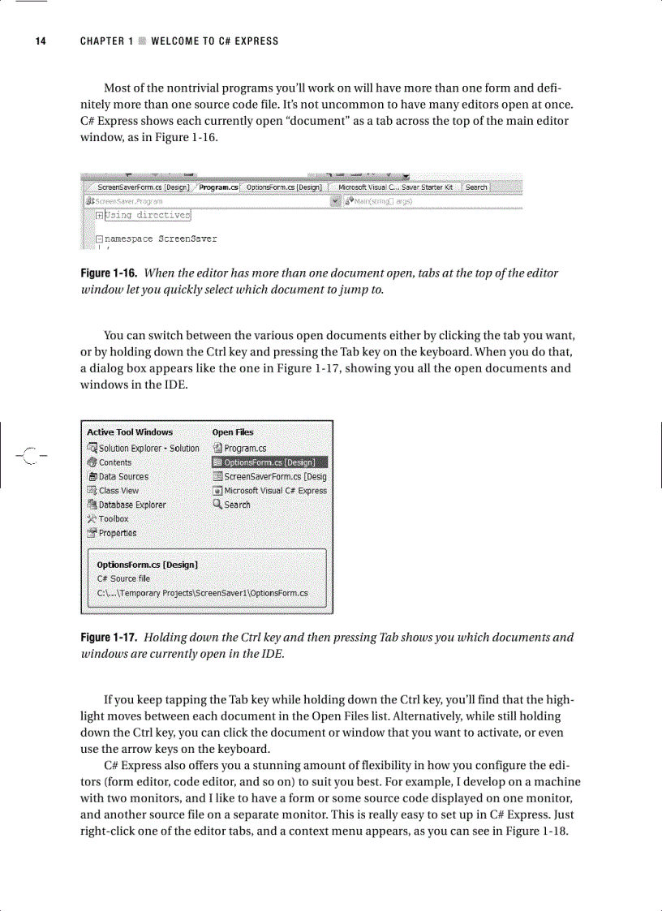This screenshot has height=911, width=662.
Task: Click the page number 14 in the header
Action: (39, 41)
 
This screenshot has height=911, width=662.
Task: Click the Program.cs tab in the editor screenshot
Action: (218, 187)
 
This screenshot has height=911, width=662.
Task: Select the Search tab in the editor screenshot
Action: (476, 187)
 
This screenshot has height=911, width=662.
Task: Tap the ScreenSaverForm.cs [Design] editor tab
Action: (143, 187)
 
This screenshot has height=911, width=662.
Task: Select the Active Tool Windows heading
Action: (130, 432)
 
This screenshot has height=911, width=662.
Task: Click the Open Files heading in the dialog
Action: (233, 432)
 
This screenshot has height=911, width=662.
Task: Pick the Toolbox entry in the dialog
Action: (114, 518)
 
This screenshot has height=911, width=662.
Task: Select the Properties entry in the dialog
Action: (118, 533)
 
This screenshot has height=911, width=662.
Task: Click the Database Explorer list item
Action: (132, 505)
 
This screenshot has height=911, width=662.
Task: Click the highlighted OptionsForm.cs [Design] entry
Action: (269, 462)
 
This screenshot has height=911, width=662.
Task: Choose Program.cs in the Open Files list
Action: (245, 448)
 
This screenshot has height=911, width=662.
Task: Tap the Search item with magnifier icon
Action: (237, 505)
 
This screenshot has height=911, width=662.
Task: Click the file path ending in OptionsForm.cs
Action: (202, 593)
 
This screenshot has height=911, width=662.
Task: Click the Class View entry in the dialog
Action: (118, 490)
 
